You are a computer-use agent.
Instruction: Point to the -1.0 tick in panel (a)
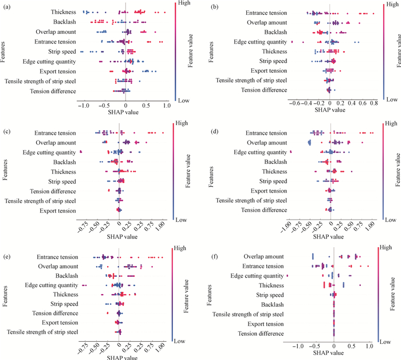84,106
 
